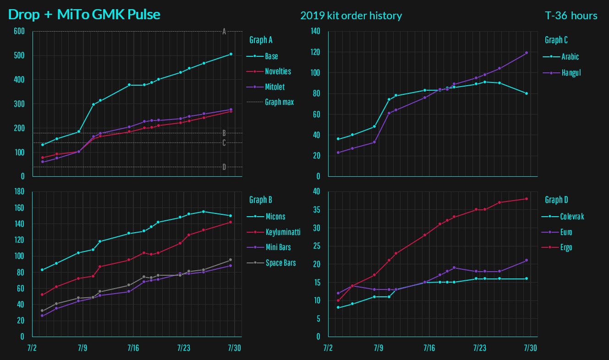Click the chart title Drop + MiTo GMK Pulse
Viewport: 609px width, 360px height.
point(84,15)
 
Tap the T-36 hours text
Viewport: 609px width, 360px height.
point(571,16)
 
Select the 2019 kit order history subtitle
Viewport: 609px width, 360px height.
point(351,16)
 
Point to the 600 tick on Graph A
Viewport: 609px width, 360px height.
point(19,32)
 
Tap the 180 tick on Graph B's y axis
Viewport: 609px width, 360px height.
point(19,192)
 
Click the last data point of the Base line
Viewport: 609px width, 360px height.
point(230,54)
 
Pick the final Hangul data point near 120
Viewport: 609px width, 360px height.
point(527,53)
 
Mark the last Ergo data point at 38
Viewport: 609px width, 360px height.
point(527,199)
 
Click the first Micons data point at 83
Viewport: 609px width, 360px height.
point(42,270)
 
